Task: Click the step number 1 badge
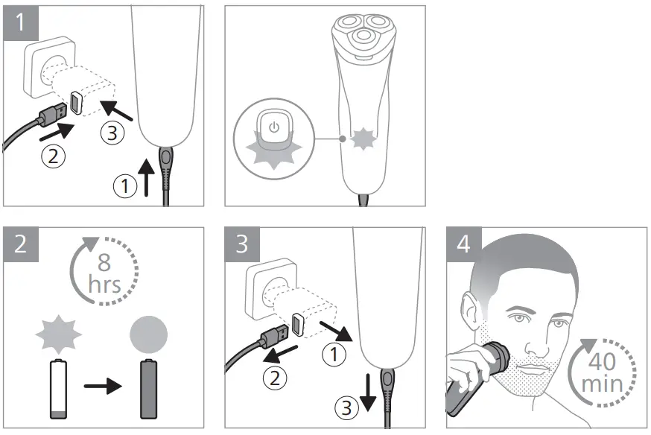pyautogui.click(x=21, y=23)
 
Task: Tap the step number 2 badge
pyautogui.click(x=21, y=244)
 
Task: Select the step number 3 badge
pyautogui.click(x=243, y=244)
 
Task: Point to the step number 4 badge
pyautogui.click(x=464, y=244)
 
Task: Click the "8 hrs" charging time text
pyautogui.click(x=104, y=273)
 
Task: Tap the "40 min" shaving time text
pyautogui.click(x=602, y=372)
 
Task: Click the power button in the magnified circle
pyautogui.click(x=274, y=127)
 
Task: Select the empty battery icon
pyautogui.click(x=58, y=390)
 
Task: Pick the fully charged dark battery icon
pyautogui.click(x=149, y=390)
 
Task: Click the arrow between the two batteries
pyautogui.click(x=103, y=387)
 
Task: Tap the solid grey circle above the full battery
pyautogui.click(x=149, y=334)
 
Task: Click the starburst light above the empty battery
pyautogui.click(x=59, y=334)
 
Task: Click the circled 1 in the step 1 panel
pyautogui.click(x=125, y=185)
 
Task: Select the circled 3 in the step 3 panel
pyautogui.click(x=346, y=407)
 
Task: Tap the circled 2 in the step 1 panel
pyautogui.click(x=54, y=156)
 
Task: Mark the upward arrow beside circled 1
pyautogui.click(x=146, y=177)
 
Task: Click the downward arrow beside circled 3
pyautogui.click(x=368, y=393)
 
